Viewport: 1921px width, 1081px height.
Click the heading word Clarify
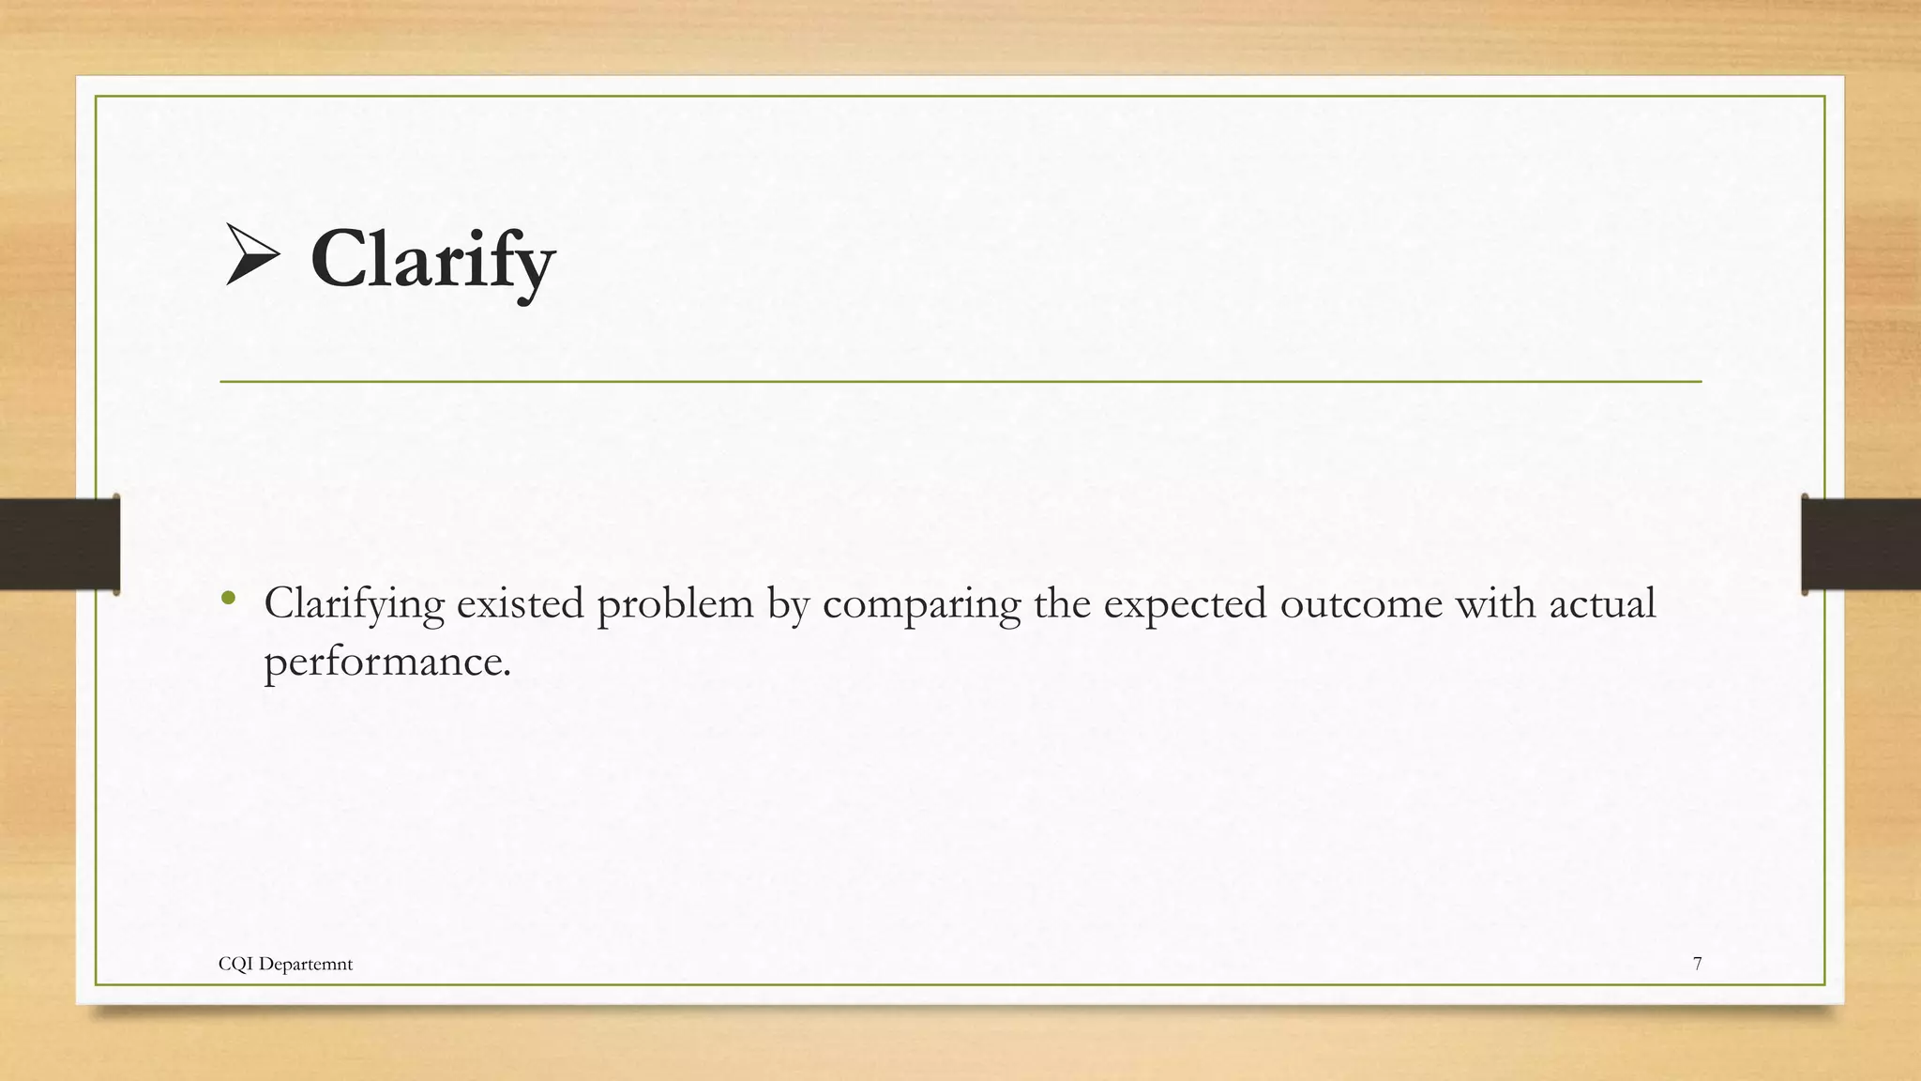coord(432,260)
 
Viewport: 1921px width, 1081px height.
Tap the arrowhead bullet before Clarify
coord(251,254)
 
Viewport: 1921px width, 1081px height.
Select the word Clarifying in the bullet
coord(354,603)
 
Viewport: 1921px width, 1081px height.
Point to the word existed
coord(521,603)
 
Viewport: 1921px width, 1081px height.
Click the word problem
coord(674,603)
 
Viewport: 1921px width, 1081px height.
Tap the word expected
coord(1184,603)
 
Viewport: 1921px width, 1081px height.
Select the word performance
coord(386,662)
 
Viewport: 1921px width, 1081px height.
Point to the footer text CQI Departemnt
coord(285,964)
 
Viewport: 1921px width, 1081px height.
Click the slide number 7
coord(1697,964)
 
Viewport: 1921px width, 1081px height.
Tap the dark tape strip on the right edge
coord(1861,543)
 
